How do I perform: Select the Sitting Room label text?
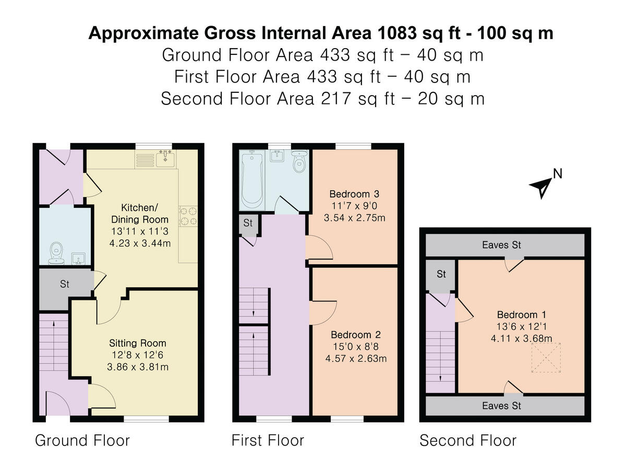(x=138, y=343)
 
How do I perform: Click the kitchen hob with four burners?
(x=189, y=216)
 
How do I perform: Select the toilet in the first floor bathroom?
(x=299, y=161)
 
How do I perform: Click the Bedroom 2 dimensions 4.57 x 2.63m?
(x=356, y=358)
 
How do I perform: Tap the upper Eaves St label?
(x=501, y=245)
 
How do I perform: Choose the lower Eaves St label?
(x=501, y=405)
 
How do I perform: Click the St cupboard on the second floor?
(x=441, y=275)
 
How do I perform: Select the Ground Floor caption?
(x=82, y=440)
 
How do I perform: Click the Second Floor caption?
(x=468, y=440)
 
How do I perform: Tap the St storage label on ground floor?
(x=65, y=285)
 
